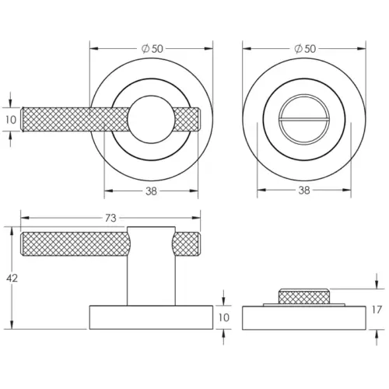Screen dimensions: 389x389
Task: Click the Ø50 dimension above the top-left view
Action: [x=152, y=48]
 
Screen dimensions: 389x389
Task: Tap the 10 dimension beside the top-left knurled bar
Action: [x=10, y=121]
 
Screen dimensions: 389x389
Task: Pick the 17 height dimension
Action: [x=377, y=310]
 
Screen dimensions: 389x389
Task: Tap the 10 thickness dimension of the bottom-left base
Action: [x=223, y=317]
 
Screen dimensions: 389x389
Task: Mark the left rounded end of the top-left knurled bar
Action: [x=25, y=120]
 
